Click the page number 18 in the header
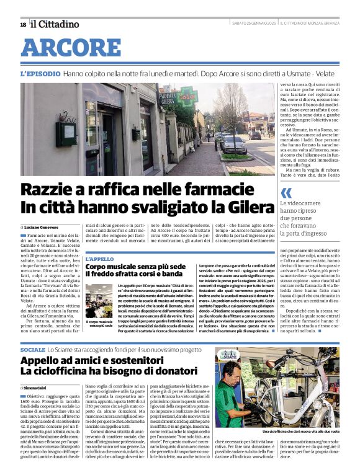(x=23, y=24)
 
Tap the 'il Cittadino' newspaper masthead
(x=55, y=24)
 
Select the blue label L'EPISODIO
(x=40, y=73)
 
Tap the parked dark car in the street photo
(x=233, y=144)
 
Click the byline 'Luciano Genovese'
(x=41, y=228)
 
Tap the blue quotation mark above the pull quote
(x=286, y=192)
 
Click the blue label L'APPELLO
(x=99, y=259)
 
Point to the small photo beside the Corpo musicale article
(x=99, y=300)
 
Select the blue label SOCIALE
(x=33, y=350)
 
